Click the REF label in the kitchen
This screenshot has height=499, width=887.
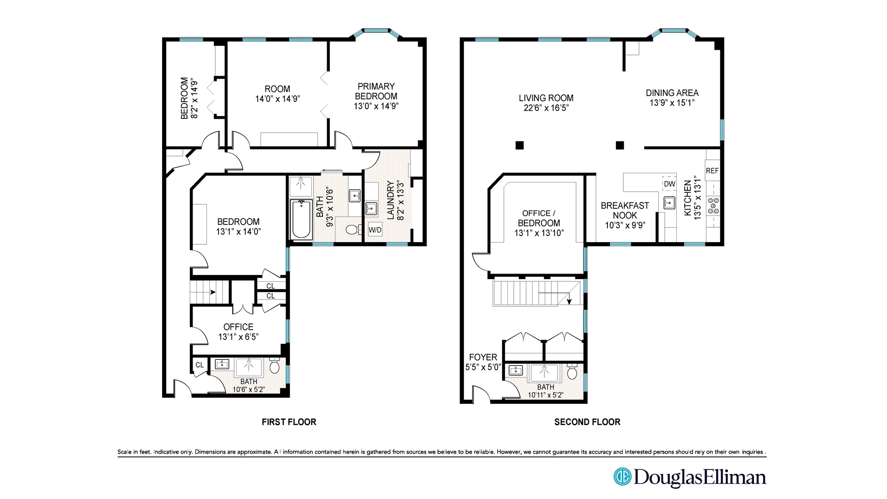[712, 171]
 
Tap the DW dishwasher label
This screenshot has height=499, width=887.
[669, 184]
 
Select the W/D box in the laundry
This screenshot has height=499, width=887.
[375, 230]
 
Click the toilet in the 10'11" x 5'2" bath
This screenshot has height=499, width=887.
[572, 371]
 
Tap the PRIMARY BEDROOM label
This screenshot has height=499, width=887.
[376, 91]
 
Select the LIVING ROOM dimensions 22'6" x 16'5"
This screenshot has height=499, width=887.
[546, 108]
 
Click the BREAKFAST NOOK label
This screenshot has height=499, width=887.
[625, 210]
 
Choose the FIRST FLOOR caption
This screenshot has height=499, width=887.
[289, 422]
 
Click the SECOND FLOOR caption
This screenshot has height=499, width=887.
[587, 422]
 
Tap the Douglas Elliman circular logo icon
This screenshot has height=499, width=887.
[622, 476]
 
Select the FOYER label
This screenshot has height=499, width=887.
[483, 357]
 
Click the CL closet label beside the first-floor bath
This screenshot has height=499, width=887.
[200, 365]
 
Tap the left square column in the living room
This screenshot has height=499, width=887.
[519, 145]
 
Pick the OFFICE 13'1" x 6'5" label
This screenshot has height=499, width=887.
[238, 332]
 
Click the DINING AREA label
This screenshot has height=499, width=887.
[672, 93]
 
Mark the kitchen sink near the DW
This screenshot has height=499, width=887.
[668, 203]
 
